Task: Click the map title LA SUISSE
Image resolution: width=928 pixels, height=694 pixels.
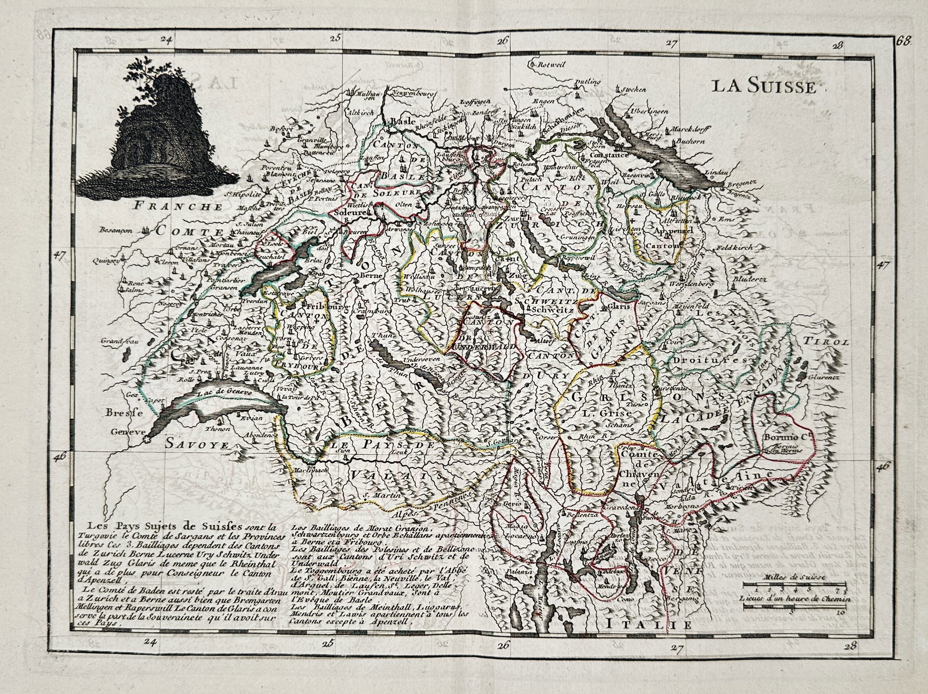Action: point(764,88)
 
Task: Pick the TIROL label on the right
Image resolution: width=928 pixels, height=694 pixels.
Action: point(833,343)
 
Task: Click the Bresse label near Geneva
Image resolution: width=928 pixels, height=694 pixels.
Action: point(120,414)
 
